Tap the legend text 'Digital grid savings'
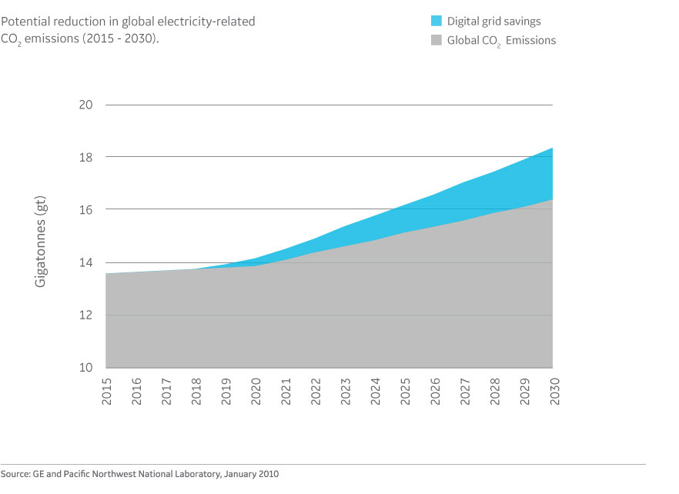click(493, 22)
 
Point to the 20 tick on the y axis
click(87, 105)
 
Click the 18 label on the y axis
click(87, 157)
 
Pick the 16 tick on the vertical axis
click(87, 209)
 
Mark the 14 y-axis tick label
click(87, 262)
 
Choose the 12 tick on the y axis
click(87, 315)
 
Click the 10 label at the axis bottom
click(87, 367)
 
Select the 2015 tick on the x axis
click(106, 391)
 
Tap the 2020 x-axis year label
click(255, 391)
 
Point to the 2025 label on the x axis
click(404, 391)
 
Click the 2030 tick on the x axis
click(553, 391)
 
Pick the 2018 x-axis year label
click(196, 391)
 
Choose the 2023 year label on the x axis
click(344, 391)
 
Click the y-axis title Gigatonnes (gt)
click(42, 241)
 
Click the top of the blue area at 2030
click(552, 149)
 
